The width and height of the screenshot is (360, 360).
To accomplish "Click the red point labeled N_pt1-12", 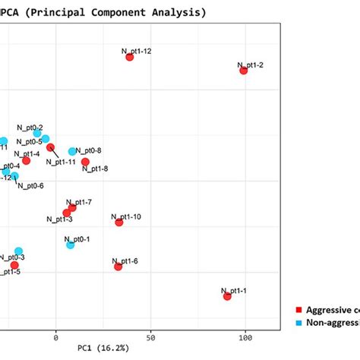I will pyautogui.click(x=129, y=57).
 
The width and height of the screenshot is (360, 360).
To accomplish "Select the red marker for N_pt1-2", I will pyautogui.click(x=244, y=70).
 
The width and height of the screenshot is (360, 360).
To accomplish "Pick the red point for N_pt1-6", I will pyautogui.click(x=118, y=267).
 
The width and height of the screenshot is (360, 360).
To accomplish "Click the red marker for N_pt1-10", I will pyautogui.click(x=118, y=222).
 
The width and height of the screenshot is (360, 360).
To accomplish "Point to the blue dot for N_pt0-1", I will pyautogui.click(x=70, y=245).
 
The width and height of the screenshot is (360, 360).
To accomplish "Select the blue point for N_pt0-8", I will pyautogui.click(x=72, y=152).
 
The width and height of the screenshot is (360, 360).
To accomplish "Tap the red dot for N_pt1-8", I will pyautogui.click(x=85, y=162).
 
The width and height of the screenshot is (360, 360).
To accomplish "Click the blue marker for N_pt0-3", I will pyautogui.click(x=18, y=251).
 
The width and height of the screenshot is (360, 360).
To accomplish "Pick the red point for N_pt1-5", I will pyautogui.click(x=14, y=265).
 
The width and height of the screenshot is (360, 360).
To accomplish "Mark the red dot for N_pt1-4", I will pyautogui.click(x=26, y=160).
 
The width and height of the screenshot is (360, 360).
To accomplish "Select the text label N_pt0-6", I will pyautogui.click(x=30, y=186).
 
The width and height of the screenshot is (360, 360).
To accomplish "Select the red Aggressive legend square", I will pyautogui.click(x=298, y=310).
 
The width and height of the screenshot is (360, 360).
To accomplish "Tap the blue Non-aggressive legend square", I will pyautogui.click(x=298, y=322).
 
